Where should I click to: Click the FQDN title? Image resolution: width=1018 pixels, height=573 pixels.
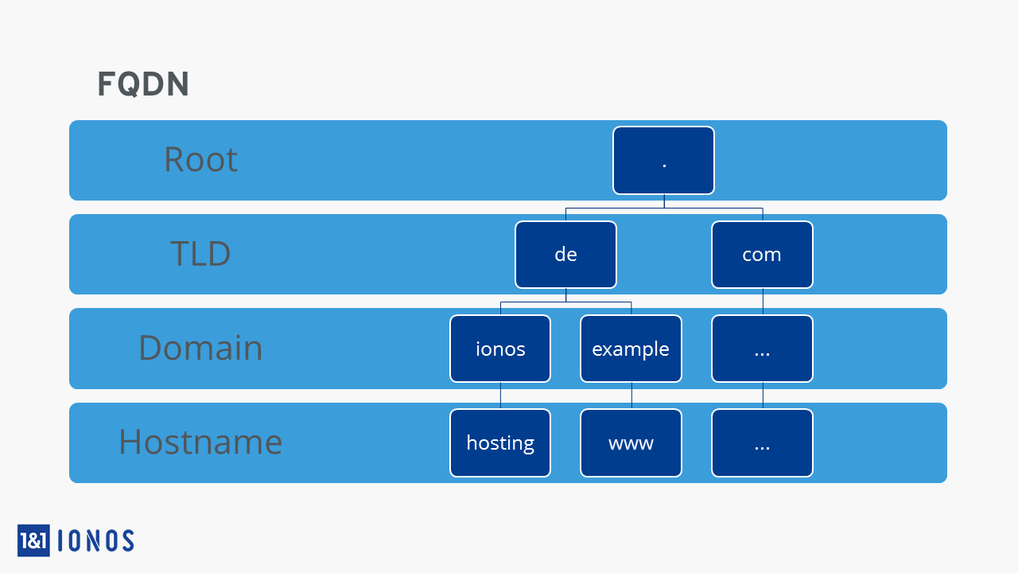[x=143, y=84]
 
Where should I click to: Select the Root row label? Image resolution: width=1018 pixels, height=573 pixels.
[x=200, y=160]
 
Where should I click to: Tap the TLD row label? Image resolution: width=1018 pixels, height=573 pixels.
[x=200, y=253]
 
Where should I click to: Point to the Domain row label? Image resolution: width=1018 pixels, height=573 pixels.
[x=200, y=348]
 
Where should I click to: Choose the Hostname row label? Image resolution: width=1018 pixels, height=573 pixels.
[x=200, y=442]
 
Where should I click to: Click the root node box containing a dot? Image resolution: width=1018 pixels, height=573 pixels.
[x=663, y=161]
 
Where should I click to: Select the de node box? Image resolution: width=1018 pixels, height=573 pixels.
[x=565, y=255]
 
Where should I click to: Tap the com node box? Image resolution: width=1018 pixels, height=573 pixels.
[x=762, y=255]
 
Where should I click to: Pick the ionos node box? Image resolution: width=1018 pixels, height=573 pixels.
[x=500, y=349]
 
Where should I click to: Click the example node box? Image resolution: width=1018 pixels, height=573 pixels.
[x=631, y=349]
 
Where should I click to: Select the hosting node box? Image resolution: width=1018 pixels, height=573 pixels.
[x=500, y=443]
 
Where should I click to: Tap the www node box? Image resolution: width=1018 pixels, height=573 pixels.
[x=631, y=443]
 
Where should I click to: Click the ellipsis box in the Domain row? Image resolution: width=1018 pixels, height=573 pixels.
[x=762, y=349]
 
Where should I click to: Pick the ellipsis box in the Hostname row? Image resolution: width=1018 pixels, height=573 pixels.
[x=762, y=443]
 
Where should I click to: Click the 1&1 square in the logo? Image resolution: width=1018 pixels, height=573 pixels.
[x=33, y=540]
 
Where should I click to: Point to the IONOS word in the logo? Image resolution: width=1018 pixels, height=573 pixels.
[x=96, y=540]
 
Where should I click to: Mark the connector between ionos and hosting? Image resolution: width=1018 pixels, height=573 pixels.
[x=500, y=396]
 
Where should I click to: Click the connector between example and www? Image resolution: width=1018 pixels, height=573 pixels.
[x=631, y=396]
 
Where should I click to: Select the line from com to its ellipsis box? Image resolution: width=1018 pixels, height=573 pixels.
[x=763, y=302]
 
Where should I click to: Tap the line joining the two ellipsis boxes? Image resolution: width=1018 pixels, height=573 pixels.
[x=763, y=396]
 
